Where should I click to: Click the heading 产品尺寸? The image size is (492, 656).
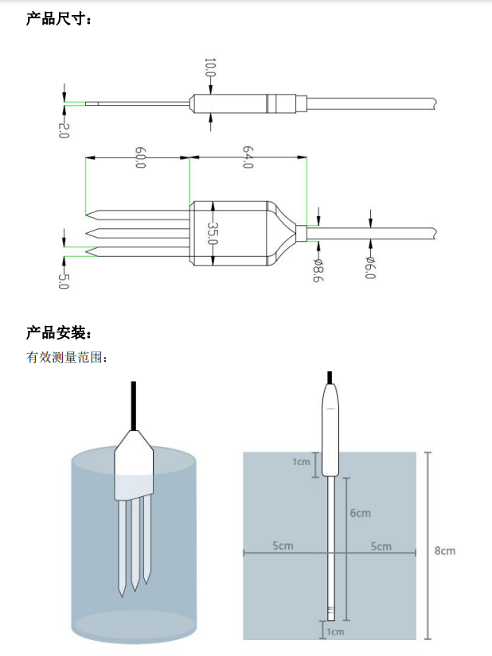point(59,18)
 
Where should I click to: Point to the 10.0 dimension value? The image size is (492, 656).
point(210,68)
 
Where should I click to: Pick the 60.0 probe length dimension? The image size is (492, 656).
point(139,157)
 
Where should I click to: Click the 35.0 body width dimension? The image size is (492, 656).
point(213,232)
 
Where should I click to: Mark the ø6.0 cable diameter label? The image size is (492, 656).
point(370,268)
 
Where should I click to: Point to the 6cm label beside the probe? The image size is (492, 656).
point(360,513)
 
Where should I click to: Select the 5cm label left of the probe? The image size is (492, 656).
point(283,546)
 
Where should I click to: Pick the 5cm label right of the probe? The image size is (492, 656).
point(381,546)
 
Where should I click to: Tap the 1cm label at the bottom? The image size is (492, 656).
point(335,631)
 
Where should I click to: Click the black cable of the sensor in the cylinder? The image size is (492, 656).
point(133,406)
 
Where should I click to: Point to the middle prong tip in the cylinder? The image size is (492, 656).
point(135,584)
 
